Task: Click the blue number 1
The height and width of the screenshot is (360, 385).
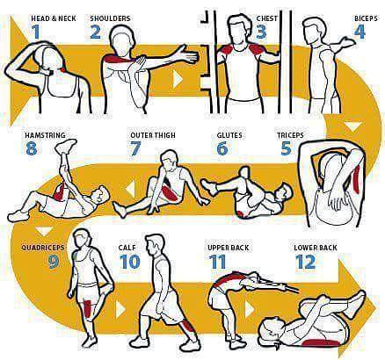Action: (x=36, y=32)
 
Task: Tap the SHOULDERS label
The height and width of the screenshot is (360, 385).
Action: (x=110, y=18)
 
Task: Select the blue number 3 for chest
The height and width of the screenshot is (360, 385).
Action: (x=261, y=32)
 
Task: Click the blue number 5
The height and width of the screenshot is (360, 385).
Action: (x=286, y=148)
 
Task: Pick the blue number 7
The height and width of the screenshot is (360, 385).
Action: (x=135, y=148)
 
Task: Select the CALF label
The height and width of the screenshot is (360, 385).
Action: (x=127, y=248)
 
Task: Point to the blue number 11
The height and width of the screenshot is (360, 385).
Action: (x=218, y=262)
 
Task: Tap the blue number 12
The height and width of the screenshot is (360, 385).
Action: (x=304, y=262)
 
